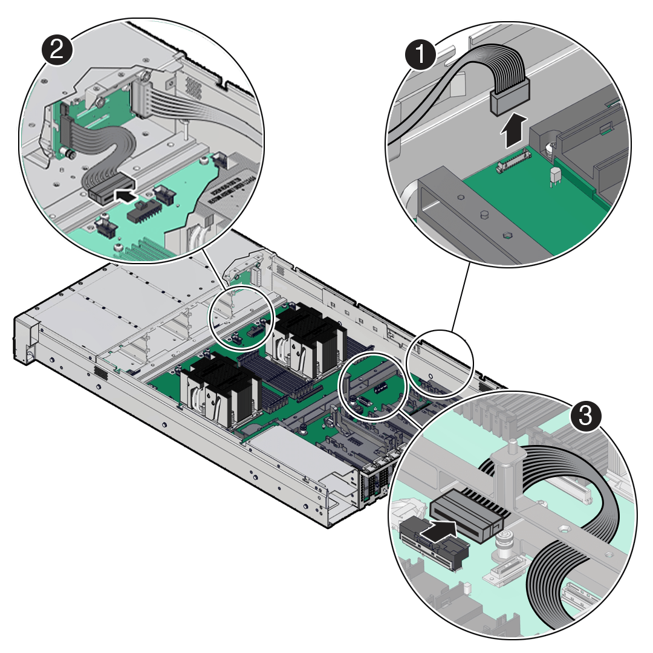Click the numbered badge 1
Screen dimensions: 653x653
click(420, 56)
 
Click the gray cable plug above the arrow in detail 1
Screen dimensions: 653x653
click(509, 99)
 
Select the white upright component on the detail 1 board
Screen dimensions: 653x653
click(554, 178)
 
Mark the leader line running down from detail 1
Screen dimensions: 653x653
click(461, 296)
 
